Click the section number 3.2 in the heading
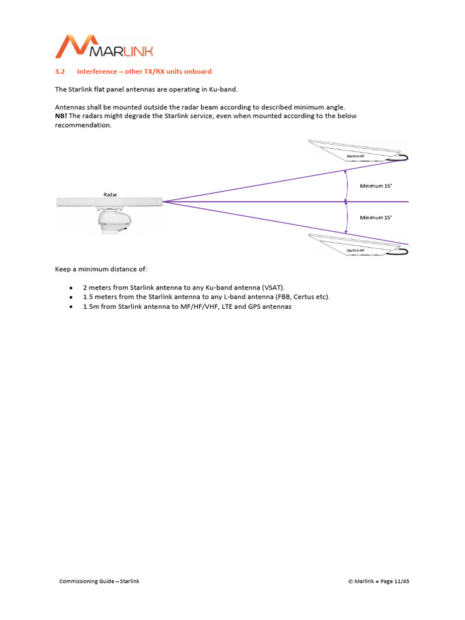pyautogui.click(x=60, y=71)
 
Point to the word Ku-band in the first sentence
pyautogui.click(x=216, y=90)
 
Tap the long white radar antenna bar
pyautogui.click(x=109, y=202)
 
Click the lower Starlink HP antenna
pyautogui.click(x=354, y=245)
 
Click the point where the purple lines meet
pyautogui.click(x=163, y=202)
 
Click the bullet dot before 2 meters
pyautogui.click(x=71, y=288)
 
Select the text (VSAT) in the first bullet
pyautogui.click(x=272, y=287)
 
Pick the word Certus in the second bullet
pyautogui.click(x=303, y=297)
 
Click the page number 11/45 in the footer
pyautogui.click(x=401, y=581)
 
